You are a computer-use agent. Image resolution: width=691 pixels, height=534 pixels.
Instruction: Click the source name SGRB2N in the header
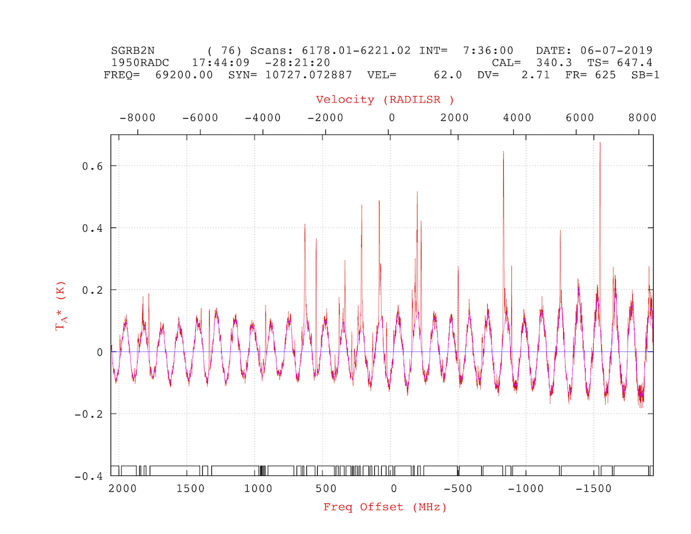tap(132, 51)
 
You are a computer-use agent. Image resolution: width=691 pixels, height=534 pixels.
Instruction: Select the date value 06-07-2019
tap(616, 51)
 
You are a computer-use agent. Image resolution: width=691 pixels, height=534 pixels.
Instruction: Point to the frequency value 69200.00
tap(184, 75)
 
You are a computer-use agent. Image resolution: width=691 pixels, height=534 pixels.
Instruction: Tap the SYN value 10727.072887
tap(309, 75)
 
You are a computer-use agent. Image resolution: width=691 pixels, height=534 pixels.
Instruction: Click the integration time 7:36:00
tap(488, 51)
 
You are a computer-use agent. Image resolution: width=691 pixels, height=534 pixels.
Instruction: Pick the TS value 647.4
tap(635, 63)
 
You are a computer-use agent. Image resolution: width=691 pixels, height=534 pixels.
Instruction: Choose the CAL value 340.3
tap(555, 63)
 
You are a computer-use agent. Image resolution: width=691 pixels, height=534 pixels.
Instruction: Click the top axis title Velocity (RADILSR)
tap(385, 100)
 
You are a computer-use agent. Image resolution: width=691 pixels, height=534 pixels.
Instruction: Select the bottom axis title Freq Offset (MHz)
tap(385, 507)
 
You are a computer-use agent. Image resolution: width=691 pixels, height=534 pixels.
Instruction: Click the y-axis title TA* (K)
tap(60, 306)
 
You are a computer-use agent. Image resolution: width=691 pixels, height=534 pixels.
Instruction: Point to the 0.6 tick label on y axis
tap(92, 166)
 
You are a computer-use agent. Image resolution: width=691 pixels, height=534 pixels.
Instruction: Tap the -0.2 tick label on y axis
tap(89, 414)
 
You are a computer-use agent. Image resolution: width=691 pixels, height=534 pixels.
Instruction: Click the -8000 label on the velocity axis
tap(138, 118)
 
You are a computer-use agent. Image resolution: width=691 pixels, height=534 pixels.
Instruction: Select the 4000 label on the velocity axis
tap(517, 118)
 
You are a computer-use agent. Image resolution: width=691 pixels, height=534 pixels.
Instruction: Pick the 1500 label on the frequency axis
tap(191, 488)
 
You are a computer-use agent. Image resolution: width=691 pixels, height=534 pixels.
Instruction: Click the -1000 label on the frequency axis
tap(526, 488)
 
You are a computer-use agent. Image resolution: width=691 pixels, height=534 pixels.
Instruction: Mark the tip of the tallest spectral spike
tap(600, 142)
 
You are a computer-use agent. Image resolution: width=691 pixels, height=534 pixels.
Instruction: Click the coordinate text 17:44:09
tap(221, 63)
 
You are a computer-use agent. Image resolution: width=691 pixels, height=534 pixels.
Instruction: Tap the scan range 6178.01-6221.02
tap(356, 51)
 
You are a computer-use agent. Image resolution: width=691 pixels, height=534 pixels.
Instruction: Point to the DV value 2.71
tap(536, 75)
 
